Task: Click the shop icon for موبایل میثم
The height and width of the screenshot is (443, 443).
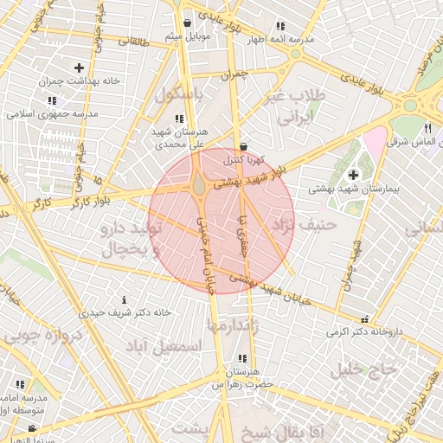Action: (188, 22)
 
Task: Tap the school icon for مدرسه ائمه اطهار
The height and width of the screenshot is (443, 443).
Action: (279, 26)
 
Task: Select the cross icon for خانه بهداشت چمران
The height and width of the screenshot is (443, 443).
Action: (79, 67)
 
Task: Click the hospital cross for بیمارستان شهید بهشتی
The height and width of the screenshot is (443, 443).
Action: (353, 176)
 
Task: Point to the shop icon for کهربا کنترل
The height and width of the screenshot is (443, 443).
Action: (243, 146)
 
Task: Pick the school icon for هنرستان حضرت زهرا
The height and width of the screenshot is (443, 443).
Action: (242, 358)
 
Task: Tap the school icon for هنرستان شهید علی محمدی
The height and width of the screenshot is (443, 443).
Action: (179, 119)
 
